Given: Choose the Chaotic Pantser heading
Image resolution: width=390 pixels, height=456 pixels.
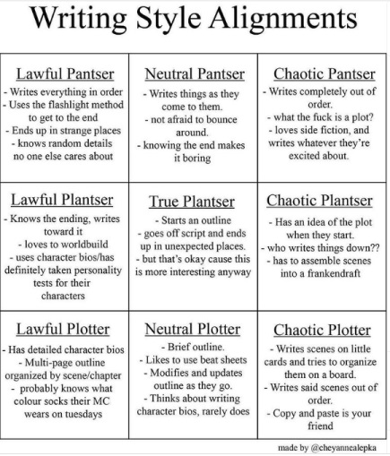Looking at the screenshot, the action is tap(324, 73).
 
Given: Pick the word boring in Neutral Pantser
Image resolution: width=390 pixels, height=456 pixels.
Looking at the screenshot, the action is tap(196, 158).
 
